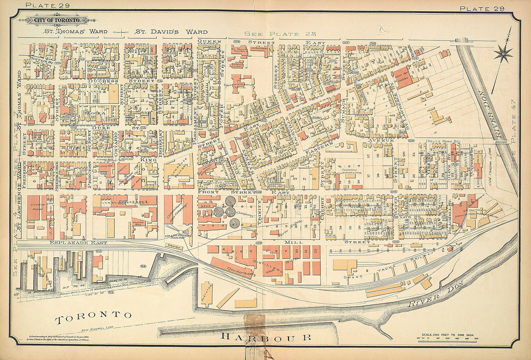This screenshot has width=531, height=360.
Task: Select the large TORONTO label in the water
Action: click(x=93, y=318)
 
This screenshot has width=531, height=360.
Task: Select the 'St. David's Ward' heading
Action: click(x=171, y=32)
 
